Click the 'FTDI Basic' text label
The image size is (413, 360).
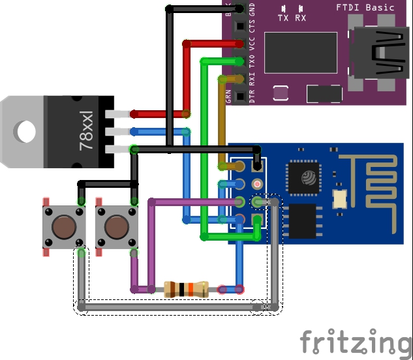[365, 7]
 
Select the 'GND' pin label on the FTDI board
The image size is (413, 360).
[252, 10]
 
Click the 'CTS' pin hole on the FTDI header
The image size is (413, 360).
[239, 27]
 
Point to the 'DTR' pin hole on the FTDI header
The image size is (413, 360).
[239, 96]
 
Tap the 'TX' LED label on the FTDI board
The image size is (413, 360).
[283, 18]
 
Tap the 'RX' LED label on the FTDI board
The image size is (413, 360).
[300, 18]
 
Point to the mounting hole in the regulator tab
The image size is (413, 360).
[26, 132]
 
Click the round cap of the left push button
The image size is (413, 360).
[63, 228]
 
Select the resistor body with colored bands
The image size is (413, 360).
[186, 289]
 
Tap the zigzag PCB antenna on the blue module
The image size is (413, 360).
[378, 183]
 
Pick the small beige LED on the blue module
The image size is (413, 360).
[339, 198]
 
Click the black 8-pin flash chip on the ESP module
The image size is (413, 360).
[302, 221]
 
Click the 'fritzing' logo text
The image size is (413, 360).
[356, 341]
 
